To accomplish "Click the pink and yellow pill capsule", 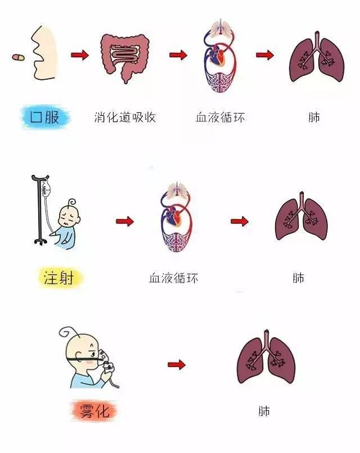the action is tap(18, 57).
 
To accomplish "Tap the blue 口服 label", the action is tap(45, 117).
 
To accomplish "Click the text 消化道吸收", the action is tap(125, 117).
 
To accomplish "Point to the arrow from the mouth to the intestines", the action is tap(80, 55).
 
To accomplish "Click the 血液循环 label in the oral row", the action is tap(220, 117).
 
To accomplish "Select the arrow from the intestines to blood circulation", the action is tap(178, 55).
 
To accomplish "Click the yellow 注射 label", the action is tap(60, 278).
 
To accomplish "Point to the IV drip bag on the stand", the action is tap(46, 188).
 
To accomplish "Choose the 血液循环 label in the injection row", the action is tap(173, 278).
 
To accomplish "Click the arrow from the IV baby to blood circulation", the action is tap(125, 221).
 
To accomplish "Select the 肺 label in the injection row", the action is tap(299, 278).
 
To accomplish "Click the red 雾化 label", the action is tap(94, 410).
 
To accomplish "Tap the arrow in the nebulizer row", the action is tap(177, 364).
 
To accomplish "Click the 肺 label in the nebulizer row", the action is tap(264, 411).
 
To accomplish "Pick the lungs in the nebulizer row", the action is tap(266, 357).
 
